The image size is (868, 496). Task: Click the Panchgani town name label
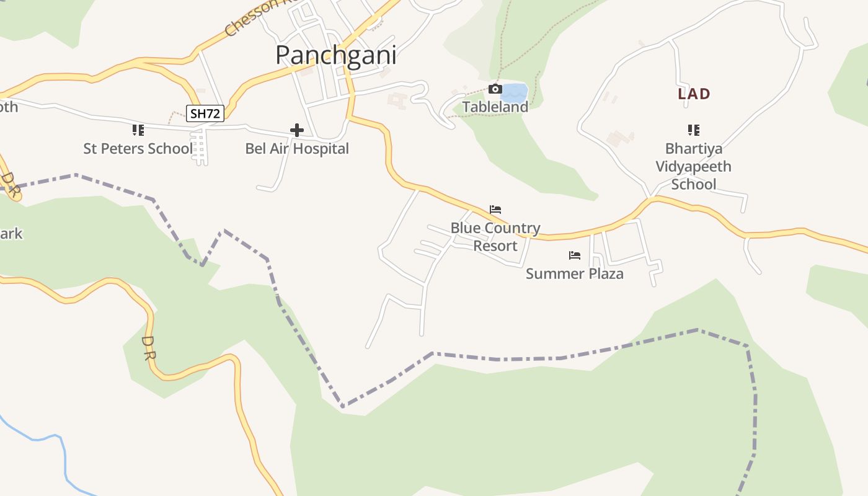pyautogui.click(x=335, y=55)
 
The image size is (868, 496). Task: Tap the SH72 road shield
pyautogui.click(x=205, y=113)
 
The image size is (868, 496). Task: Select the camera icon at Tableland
pyautogui.click(x=495, y=89)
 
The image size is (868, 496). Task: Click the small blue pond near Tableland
pyautogui.click(x=514, y=93)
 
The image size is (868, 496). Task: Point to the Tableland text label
pyautogui.click(x=495, y=107)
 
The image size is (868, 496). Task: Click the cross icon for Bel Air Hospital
pyautogui.click(x=297, y=130)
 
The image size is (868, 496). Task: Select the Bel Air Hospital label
pyautogui.click(x=297, y=149)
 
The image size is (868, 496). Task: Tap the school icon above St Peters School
pyautogui.click(x=138, y=130)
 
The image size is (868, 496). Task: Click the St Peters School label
pyautogui.click(x=138, y=149)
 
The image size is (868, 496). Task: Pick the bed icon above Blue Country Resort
pyautogui.click(x=495, y=210)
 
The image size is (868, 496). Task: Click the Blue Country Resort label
pyautogui.click(x=495, y=237)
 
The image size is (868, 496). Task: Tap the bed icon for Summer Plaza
pyautogui.click(x=574, y=255)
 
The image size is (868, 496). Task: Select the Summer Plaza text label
pyautogui.click(x=574, y=273)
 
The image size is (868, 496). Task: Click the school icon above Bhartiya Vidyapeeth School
pyautogui.click(x=693, y=130)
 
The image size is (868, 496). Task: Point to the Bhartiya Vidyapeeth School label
pyautogui.click(x=693, y=166)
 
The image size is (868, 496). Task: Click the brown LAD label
pyautogui.click(x=694, y=94)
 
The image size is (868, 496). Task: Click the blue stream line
pyautogui.click(x=64, y=459)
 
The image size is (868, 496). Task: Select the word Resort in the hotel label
pyautogui.click(x=495, y=246)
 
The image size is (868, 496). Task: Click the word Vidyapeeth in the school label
pyautogui.click(x=693, y=167)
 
